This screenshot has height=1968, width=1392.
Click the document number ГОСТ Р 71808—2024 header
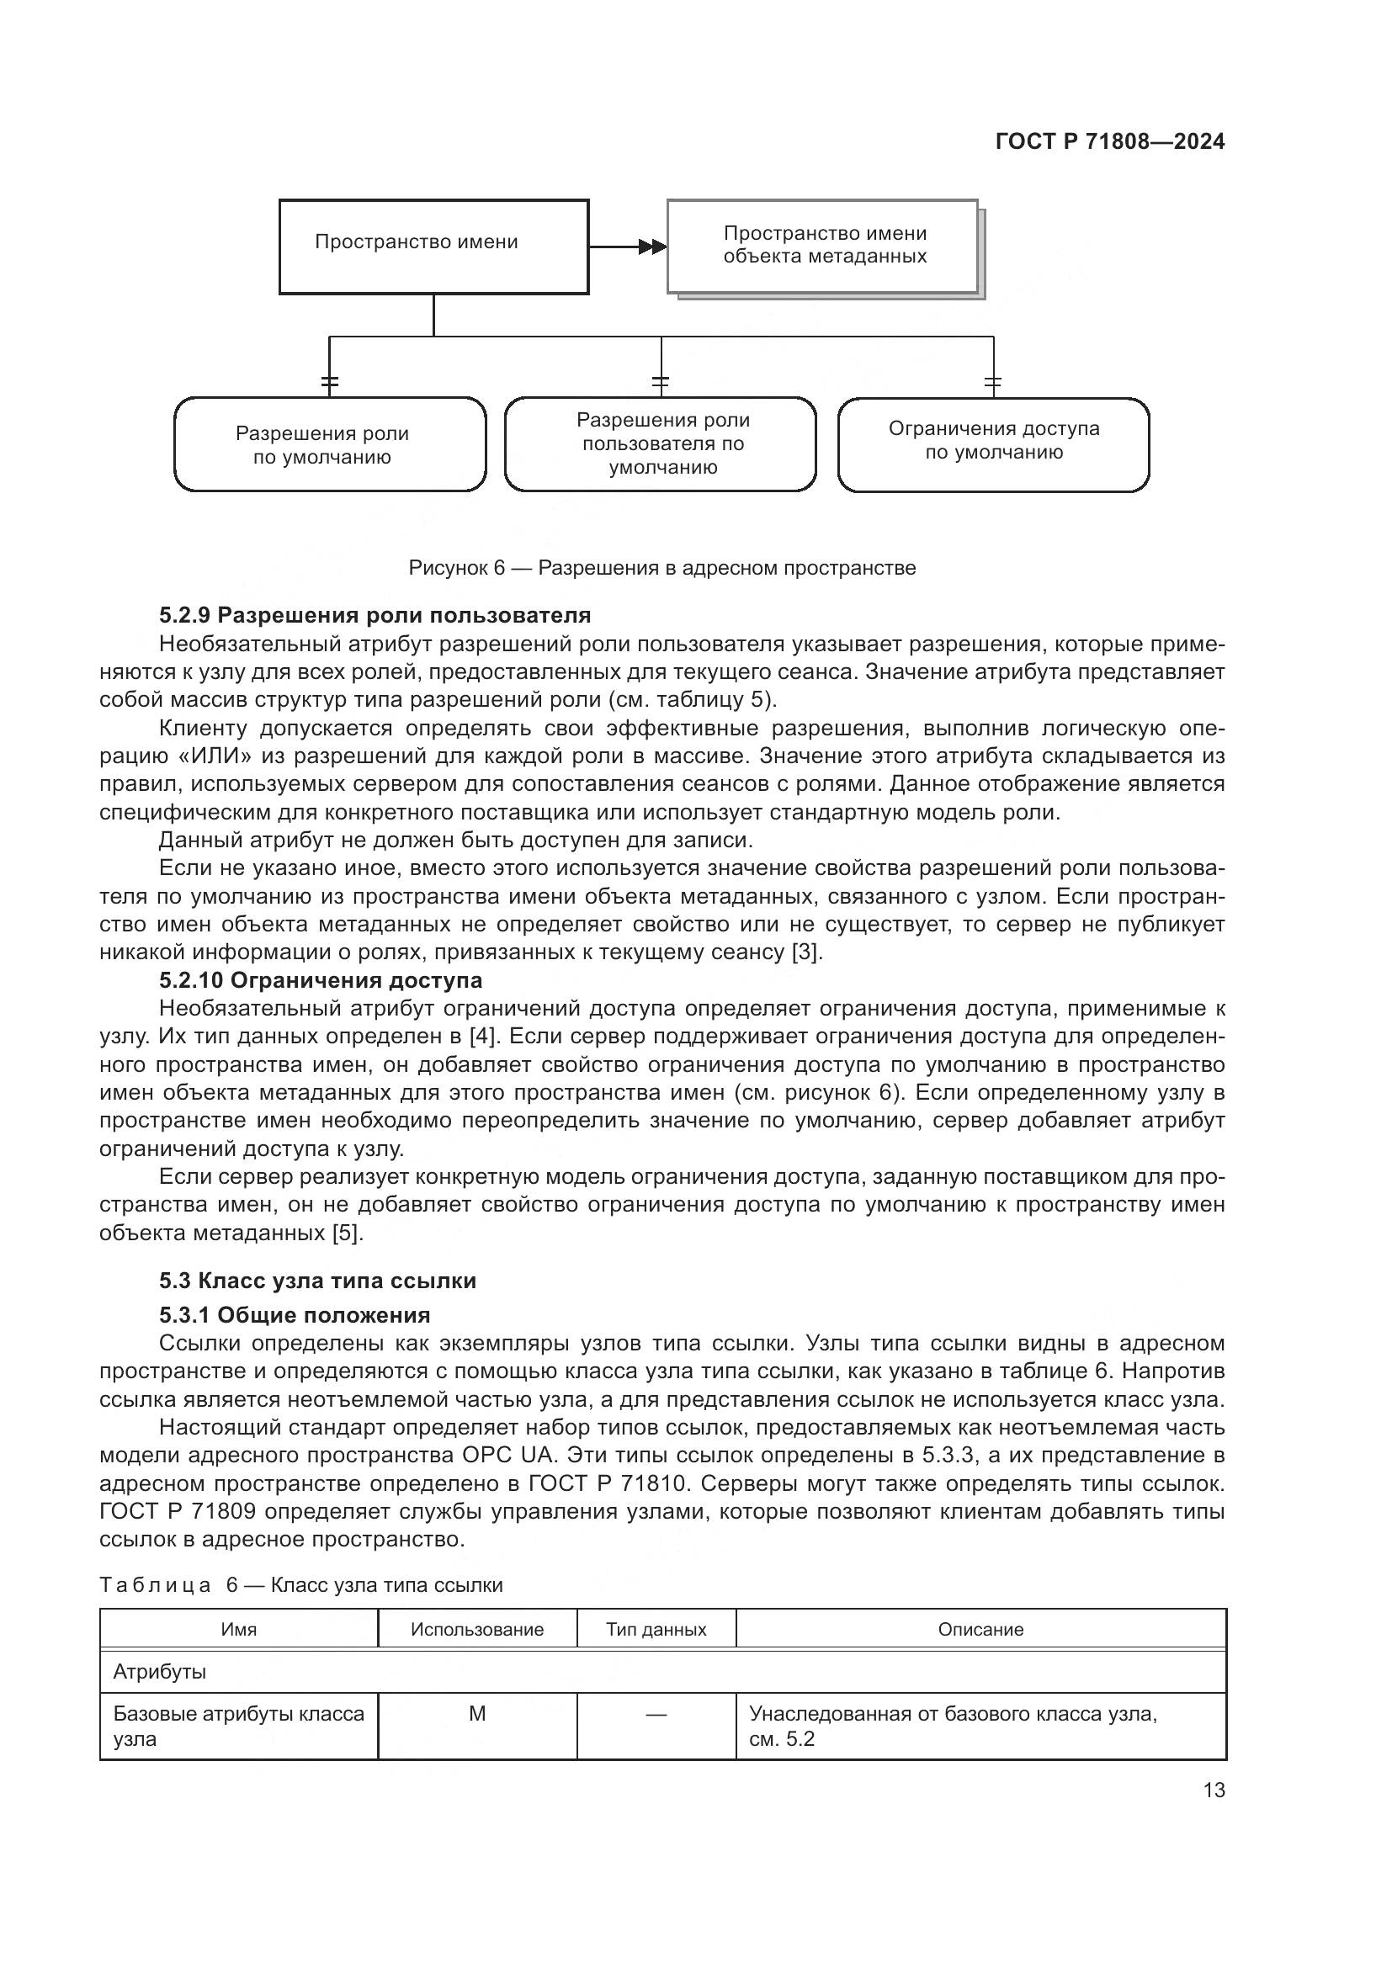[1109, 141]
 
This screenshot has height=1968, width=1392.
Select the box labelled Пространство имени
[433, 247]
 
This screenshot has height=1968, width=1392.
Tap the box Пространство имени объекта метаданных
[823, 246]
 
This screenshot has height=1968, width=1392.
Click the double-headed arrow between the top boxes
[651, 247]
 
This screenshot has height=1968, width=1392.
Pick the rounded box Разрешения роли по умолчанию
[330, 444]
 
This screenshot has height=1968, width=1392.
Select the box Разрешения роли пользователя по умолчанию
[661, 444]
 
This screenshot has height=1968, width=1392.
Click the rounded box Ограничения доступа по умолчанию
[992, 444]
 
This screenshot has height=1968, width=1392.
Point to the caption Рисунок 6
[661, 567]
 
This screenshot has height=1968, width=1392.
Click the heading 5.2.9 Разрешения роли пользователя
[375, 614]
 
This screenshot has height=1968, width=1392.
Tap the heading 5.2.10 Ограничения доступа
[321, 979]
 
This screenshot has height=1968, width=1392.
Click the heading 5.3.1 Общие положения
[294, 1315]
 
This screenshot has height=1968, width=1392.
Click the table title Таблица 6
[300, 1585]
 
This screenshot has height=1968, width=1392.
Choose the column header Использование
[476, 1629]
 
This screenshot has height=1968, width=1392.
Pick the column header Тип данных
[656, 1629]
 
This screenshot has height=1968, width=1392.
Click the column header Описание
[980, 1629]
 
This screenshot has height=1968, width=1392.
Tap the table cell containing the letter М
[476, 1713]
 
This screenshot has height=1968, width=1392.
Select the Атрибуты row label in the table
[159, 1671]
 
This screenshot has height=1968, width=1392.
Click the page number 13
[1214, 1790]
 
